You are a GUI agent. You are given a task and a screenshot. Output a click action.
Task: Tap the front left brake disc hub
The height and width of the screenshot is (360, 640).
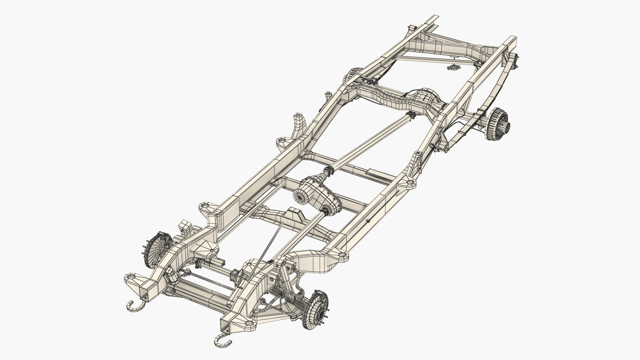[154, 248]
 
